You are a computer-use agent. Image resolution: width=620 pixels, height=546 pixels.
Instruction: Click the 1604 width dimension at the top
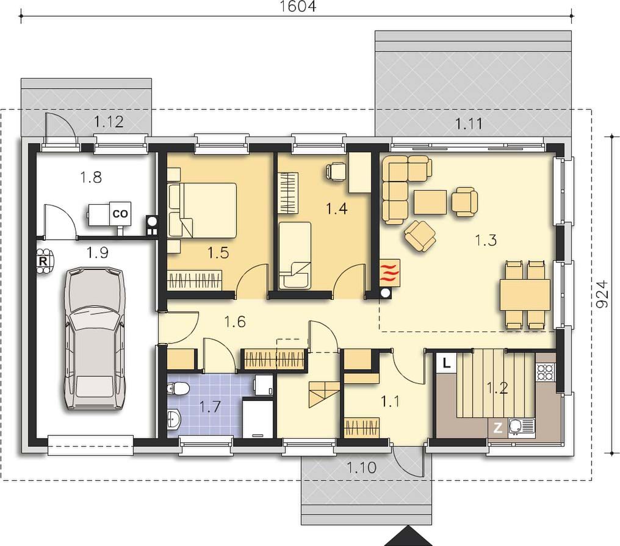coord(298,6)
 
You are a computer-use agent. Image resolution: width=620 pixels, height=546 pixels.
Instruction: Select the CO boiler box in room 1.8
coord(120,214)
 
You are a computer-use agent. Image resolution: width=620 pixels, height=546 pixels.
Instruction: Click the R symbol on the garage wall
coord(43,261)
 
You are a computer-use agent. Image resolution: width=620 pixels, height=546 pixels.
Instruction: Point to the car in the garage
coord(94,339)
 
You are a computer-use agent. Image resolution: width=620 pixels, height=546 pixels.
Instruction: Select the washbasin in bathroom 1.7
coord(174,419)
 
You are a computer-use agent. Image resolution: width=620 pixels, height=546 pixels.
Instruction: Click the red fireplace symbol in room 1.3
coord(389,272)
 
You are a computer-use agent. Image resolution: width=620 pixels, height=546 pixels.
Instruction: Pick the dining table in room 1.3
coord(525,295)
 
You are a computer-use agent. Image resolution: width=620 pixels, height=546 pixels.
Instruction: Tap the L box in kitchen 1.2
coord(447,363)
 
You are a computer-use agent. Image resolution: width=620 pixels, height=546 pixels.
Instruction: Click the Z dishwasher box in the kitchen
coord(498,428)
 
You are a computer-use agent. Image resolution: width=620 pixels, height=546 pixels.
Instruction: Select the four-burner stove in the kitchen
coord(546,372)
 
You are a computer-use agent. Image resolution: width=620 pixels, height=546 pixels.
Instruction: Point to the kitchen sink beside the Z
coord(521,427)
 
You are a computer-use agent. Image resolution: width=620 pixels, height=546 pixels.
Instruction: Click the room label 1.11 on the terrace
coord(469,124)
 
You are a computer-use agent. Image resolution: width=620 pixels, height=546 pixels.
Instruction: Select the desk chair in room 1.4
coord(336,172)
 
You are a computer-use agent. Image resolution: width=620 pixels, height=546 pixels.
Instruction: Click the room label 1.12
coord(109,122)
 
